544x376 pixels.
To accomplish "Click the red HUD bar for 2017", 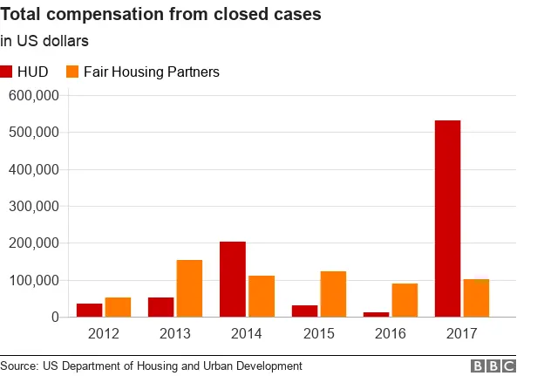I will [447, 218].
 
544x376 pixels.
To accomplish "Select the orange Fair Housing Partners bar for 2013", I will [190, 288].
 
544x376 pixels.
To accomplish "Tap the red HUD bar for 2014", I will [233, 279].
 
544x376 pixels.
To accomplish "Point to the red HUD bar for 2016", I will [376, 314].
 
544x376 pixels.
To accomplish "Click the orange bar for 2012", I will [118, 307].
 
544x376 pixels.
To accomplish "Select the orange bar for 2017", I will [476, 297].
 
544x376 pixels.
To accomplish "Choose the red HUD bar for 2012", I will [89, 310].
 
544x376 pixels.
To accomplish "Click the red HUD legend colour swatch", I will [7, 72].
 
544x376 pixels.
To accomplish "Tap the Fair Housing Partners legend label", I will [151, 72].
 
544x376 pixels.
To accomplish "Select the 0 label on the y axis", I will [54, 318].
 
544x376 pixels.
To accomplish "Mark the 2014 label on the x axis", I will [247, 333].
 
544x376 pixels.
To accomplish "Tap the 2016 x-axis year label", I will [390, 333].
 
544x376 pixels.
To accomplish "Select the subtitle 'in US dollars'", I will [44, 40].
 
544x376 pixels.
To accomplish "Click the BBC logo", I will [493, 366].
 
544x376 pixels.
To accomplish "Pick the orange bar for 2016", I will [405, 300].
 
